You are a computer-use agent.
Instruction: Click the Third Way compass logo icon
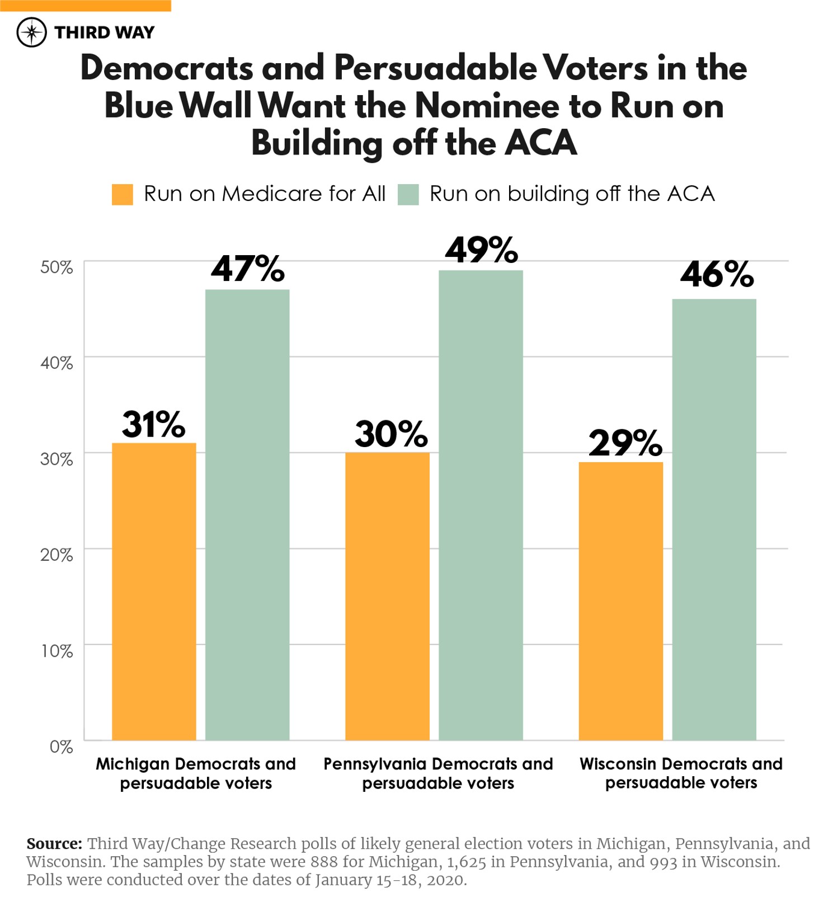click(x=32, y=32)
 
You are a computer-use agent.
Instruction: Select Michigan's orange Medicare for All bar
click(x=154, y=591)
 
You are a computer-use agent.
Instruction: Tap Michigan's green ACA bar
click(x=247, y=515)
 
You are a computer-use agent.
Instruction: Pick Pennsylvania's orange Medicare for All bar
click(x=387, y=596)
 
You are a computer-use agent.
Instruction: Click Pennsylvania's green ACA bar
click(x=481, y=505)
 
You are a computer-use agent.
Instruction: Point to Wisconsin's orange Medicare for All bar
click(x=620, y=601)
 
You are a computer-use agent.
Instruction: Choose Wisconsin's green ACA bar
click(x=714, y=519)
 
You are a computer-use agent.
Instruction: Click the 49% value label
click(x=481, y=250)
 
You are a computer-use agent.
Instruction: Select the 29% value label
click(x=625, y=443)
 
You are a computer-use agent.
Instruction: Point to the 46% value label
click(x=717, y=275)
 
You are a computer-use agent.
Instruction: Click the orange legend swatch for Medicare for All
click(x=123, y=194)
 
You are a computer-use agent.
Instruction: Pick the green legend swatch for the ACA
click(x=408, y=194)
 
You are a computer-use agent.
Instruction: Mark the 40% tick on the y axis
click(x=57, y=363)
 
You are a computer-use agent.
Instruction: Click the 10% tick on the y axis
click(x=57, y=651)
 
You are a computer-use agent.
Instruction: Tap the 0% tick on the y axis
click(x=61, y=746)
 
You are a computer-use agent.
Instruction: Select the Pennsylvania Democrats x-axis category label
click(x=438, y=773)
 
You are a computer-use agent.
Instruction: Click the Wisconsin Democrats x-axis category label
click(x=681, y=773)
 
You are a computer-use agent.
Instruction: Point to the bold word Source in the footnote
click(x=54, y=843)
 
